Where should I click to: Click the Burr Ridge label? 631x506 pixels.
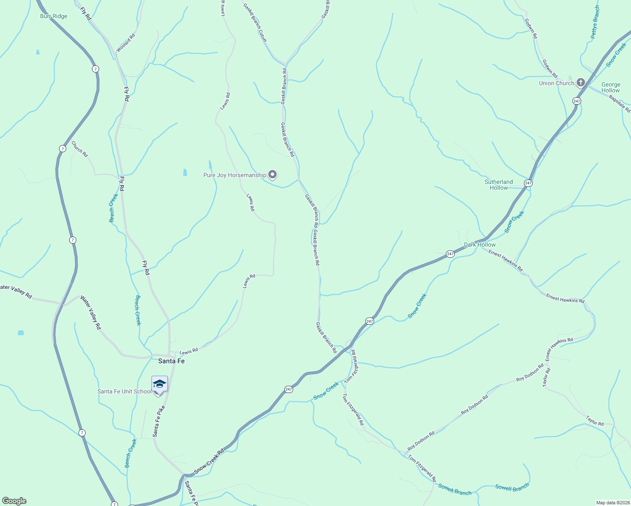tap(54, 16)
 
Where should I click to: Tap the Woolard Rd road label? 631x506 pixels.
tap(126, 43)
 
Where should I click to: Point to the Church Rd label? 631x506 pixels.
tap(79, 149)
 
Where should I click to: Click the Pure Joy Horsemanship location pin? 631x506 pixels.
tap(273, 174)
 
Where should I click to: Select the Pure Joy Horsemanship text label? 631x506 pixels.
tap(235, 175)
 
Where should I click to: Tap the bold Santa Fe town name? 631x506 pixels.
tap(171, 361)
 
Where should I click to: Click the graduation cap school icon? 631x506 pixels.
tap(159, 385)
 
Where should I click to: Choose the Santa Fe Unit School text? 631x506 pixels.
tap(124, 391)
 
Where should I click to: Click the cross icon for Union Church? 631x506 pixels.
tap(581, 82)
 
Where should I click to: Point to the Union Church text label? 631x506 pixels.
tap(556, 83)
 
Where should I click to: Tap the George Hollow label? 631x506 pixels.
tap(611, 87)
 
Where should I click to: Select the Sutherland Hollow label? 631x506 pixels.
tap(499, 185)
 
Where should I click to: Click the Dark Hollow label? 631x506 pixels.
tap(480, 245)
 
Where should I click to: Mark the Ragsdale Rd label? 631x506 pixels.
tap(620, 103)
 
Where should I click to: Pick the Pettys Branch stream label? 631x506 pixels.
tap(595, 22)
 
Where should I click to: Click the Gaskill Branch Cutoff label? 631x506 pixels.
tap(255, 23)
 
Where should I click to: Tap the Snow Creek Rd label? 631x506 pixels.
tap(209, 461)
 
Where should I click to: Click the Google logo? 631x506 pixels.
tap(14, 501)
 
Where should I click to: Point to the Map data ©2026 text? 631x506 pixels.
tap(612, 503)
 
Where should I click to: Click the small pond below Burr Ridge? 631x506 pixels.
tap(38, 52)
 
